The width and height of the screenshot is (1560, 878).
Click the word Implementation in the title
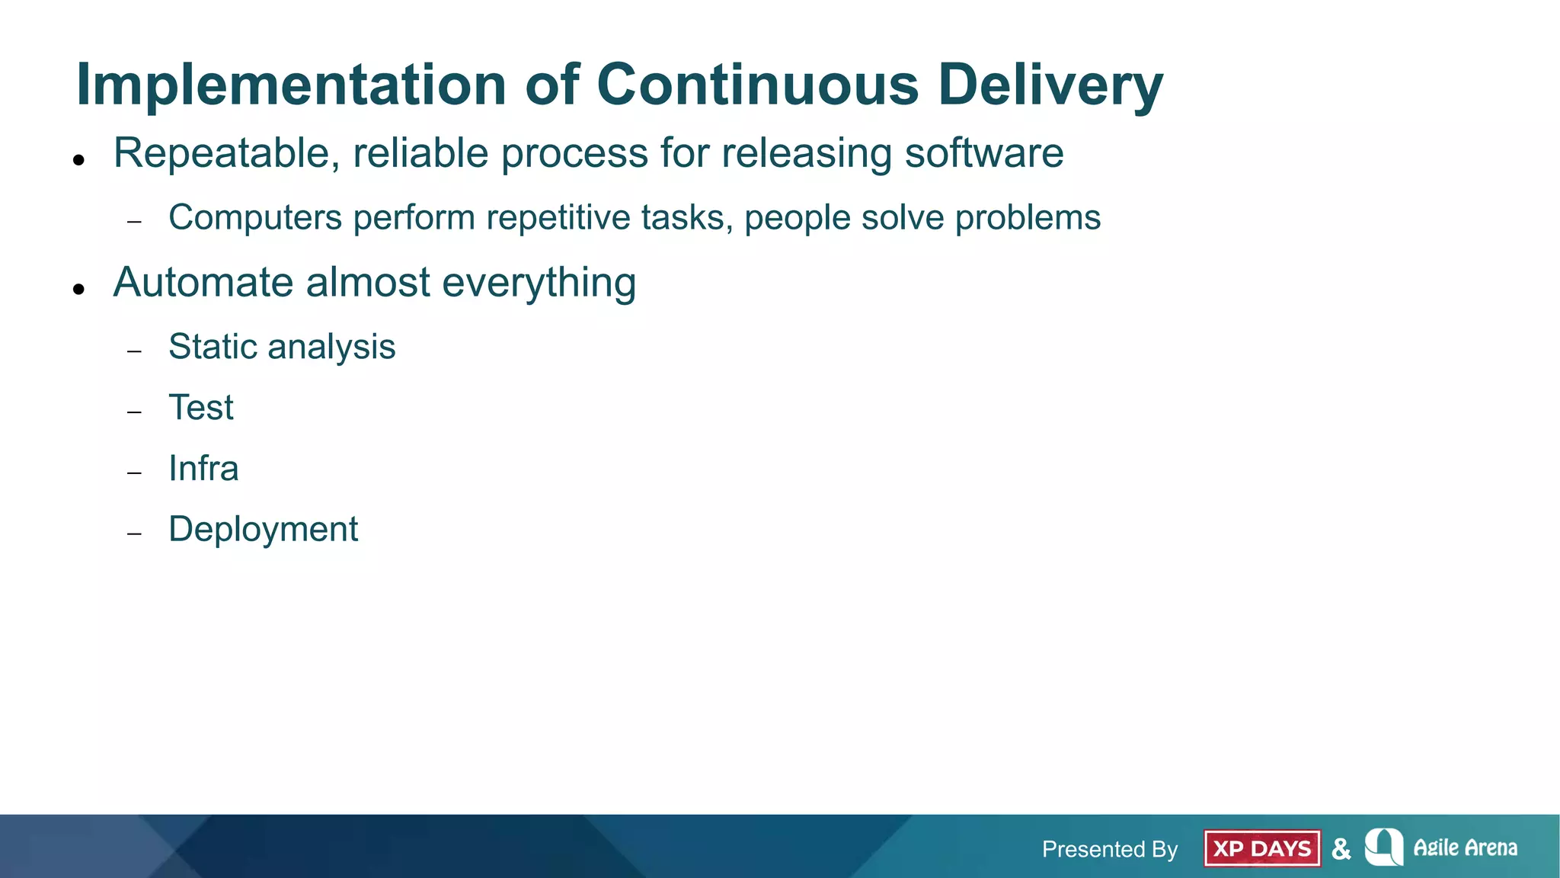(291, 85)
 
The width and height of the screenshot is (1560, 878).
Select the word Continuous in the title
(757, 85)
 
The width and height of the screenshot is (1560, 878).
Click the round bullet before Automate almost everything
(78, 289)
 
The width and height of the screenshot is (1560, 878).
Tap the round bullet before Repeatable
(78, 160)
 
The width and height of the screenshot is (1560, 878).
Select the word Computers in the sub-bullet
(255, 218)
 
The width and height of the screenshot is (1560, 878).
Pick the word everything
(539, 283)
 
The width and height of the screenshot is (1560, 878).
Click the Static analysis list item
(282, 347)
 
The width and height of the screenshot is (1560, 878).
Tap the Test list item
(201, 408)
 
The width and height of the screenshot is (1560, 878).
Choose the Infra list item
(203, 469)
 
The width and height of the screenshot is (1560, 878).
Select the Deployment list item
(263, 530)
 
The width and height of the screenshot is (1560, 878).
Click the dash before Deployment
(135, 534)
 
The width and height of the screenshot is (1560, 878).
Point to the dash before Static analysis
(135, 351)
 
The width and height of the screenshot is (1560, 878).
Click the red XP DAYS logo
(1261, 848)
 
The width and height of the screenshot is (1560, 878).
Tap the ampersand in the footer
(1341, 849)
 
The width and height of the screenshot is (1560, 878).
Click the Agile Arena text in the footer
(1465, 848)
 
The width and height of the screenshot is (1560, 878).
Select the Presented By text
(1109, 849)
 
